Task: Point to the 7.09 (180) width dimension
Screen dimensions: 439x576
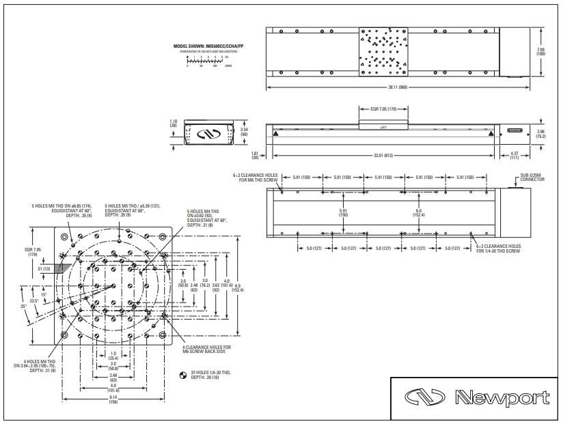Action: tap(540, 52)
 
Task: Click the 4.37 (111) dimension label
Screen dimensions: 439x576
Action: tap(515, 156)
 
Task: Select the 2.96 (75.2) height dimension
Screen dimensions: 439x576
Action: tap(541, 133)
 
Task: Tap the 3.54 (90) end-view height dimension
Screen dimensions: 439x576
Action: tap(243, 132)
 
